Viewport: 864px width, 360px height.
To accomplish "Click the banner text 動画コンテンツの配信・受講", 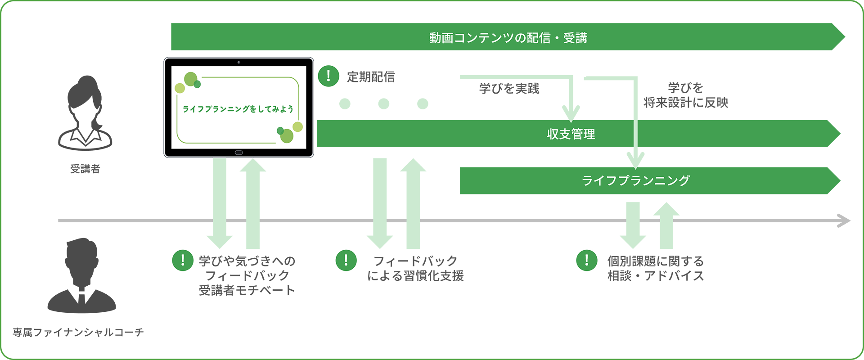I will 508,38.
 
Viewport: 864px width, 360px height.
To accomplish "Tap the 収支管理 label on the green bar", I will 571,134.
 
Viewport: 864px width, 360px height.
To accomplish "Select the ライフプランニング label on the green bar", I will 635,180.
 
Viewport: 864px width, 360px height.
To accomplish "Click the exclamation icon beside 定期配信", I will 328,76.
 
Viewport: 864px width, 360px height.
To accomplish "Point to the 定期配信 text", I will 371,77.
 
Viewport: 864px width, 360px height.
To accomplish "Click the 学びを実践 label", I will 509,89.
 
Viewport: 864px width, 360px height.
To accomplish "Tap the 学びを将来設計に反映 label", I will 685,95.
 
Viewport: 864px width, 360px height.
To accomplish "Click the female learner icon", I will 85,113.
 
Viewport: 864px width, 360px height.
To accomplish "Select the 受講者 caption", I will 85,169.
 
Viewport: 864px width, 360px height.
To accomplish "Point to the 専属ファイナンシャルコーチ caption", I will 78,332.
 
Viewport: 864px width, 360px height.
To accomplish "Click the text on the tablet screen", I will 238,109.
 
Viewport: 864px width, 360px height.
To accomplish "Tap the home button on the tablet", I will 238,153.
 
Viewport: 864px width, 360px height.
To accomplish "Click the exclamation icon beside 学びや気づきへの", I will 183,260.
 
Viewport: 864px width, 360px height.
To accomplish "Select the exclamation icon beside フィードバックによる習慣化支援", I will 346,260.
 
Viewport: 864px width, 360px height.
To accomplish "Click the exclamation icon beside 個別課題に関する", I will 587,260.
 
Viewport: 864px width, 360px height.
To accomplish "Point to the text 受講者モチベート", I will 247,290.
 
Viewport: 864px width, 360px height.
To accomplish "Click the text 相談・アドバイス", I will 655,276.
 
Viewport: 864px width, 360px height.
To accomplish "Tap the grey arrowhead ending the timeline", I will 844,220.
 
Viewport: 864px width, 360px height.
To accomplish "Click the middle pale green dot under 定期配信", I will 384,104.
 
